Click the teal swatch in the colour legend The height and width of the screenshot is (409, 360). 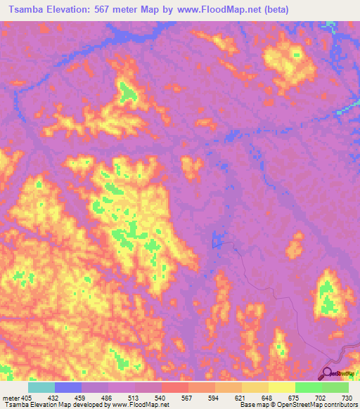[x=41, y=387]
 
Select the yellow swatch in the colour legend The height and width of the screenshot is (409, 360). [x=281, y=387]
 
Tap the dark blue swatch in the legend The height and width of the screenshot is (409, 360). [x=68, y=387]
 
